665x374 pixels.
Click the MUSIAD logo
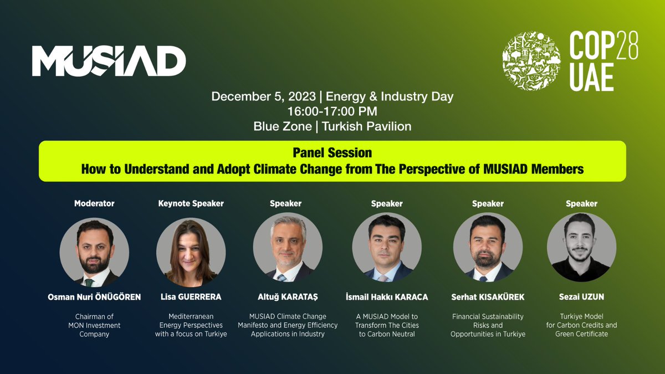tap(109, 61)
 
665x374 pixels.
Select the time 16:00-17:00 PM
tap(332, 111)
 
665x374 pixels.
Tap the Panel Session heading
tap(332, 152)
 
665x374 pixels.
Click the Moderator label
tap(94, 203)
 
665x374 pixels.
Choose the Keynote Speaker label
tap(191, 203)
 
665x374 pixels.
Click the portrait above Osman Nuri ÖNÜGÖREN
tap(94, 252)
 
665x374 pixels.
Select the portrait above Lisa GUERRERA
tap(191, 252)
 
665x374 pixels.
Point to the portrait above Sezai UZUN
tap(581, 248)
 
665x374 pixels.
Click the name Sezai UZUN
tap(581, 297)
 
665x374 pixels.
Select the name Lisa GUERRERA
tap(191, 297)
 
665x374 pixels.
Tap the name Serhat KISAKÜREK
tap(488, 297)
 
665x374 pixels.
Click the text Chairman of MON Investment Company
tap(94, 325)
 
